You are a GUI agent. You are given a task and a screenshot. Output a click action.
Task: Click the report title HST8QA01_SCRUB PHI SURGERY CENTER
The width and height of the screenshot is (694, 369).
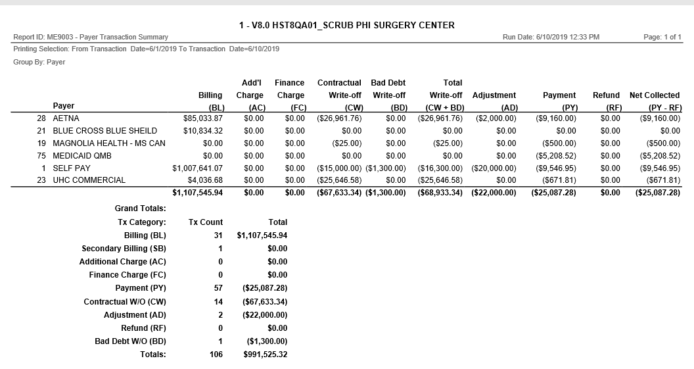click(x=346, y=25)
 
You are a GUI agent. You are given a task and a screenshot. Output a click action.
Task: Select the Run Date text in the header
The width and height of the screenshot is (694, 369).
click(x=551, y=37)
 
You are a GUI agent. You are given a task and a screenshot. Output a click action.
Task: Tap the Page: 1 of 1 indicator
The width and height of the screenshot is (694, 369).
click(x=662, y=37)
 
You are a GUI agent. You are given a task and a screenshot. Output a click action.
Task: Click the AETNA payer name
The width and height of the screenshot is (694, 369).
click(x=66, y=118)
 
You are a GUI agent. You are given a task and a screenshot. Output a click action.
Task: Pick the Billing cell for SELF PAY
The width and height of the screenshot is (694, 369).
click(x=197, y=168)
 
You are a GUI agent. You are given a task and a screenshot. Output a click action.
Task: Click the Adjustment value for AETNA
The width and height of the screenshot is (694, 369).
click(x=496, y=118)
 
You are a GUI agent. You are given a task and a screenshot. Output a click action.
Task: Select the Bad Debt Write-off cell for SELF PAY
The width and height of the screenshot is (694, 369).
click(x=386, y=168)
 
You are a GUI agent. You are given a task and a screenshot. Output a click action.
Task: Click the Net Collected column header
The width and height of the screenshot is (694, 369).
click(x=655, y=95)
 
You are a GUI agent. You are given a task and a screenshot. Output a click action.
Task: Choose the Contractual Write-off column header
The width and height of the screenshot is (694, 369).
click(x=339, y=89)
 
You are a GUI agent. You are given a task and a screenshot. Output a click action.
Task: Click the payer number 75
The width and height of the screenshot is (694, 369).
click(x=41, y=156)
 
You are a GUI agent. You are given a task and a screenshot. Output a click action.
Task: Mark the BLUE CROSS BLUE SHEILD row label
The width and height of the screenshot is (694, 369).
click(x=104, y=131)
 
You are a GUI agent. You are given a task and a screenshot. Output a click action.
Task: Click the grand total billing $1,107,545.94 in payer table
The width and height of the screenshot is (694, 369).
click(x=197, y=193)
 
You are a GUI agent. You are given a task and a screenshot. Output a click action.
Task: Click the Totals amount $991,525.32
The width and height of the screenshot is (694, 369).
click(x=262, y=355)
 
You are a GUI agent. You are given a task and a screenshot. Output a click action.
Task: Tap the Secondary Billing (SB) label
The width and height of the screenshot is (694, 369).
click(x=124, y=249)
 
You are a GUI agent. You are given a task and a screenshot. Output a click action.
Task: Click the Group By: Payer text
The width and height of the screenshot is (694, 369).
click(x=39, y=62)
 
